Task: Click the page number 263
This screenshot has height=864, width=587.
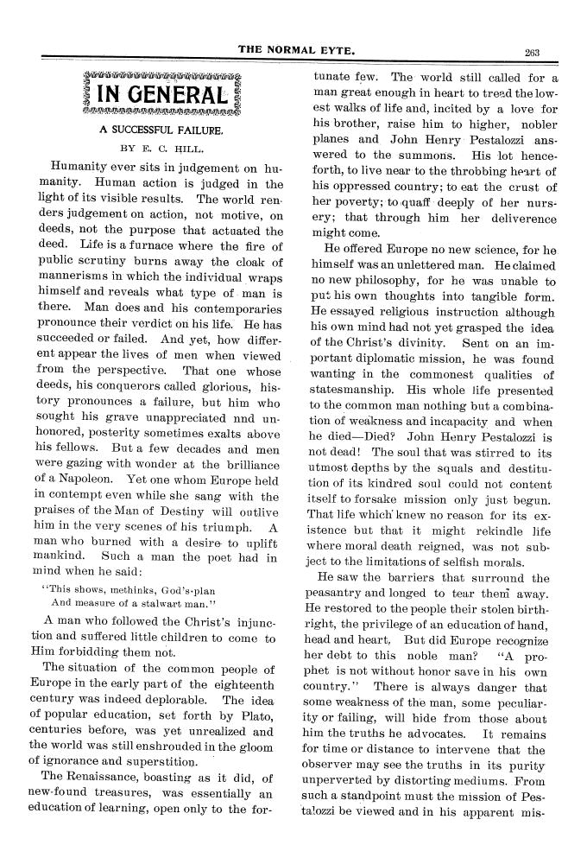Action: (531, 52)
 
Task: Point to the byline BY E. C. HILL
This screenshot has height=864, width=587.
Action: (160, 148)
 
